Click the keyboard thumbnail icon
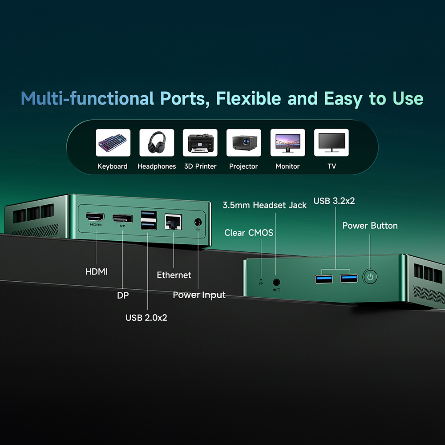click(x=113, y=143)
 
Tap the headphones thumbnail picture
click(x=157, y=143)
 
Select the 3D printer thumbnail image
click(x=200, y=143)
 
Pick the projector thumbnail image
click(x=243, y=143)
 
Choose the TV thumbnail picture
click(x=332, y=143)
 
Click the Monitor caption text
click(x=287, y=166)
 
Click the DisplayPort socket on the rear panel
click(x=122, y=218)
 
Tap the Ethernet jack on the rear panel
click(x=173, y=221)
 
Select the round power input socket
click(x=197, y=221)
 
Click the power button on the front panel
click(x=370, y=277)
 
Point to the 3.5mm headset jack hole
click(x=276, y=281)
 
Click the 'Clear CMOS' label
click(x=249, y=233)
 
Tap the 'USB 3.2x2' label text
click(x=334, y=201)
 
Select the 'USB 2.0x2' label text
click(x=146, y=318)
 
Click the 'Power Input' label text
click(x=199, y=295)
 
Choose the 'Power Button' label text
click(x=370, y=226)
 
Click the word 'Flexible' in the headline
click(x=249, y=98)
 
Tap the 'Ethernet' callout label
click(x=174, y=275)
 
